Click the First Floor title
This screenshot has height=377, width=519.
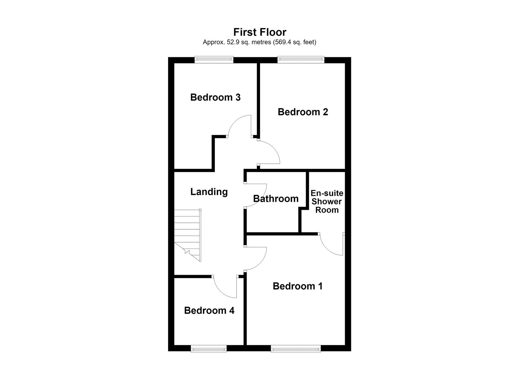click(260, 32)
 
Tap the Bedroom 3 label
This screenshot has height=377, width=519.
click(215, 97)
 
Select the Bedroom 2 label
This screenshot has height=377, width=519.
click(303, 112)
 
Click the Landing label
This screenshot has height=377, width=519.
click(209, 192)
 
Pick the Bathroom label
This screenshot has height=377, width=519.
click(276, 199)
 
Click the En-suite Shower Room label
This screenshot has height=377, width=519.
click(327, 201)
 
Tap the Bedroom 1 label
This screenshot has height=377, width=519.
click(297, 286)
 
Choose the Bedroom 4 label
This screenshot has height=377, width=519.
click(209, 311)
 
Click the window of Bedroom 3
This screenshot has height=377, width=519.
click(214, 60)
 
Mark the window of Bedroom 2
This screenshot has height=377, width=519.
click(301, 60)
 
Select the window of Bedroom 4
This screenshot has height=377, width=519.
click(209, 348)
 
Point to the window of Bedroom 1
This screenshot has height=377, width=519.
click(296, 348)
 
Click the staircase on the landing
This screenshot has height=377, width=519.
click(188, 235)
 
